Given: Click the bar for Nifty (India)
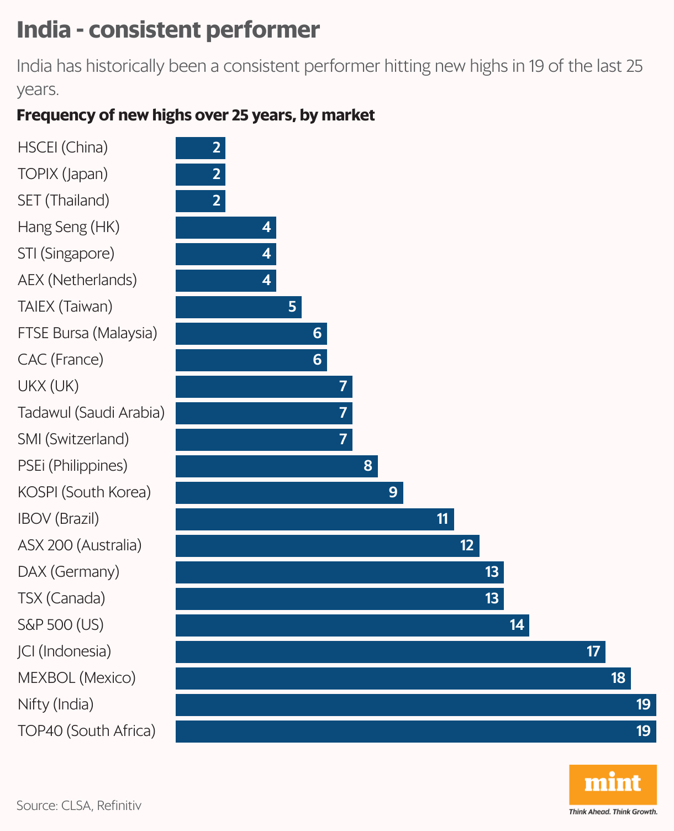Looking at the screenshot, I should coord(415,704).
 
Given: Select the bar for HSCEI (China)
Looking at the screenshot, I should coord(200,148).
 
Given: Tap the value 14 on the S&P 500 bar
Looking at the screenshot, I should coord(517,625).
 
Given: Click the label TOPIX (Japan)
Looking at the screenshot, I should coord(62,174).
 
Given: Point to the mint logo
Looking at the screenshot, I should coord(613,783).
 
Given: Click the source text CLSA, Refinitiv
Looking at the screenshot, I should coord(78,806).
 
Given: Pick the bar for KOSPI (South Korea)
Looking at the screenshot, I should coord(289,492).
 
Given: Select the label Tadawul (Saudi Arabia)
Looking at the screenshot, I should coord(91,413).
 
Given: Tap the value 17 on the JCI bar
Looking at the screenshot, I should coord(593,651).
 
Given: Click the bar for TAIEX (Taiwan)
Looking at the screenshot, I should coord(238,307).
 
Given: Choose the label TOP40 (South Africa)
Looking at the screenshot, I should coord(87,731).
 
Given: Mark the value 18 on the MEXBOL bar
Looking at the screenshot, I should coord(618,678).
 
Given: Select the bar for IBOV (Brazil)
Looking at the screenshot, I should coord(314,519).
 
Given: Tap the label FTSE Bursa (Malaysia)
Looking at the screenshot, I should coord(87,333).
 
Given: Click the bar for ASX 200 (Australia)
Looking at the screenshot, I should coord(327,545).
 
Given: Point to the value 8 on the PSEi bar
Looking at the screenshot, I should coord(368,466).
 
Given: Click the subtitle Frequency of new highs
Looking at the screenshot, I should coord(196,115).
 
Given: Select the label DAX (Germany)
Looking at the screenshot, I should coord(69,572).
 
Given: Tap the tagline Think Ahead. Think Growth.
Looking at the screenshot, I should coord(613,812).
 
